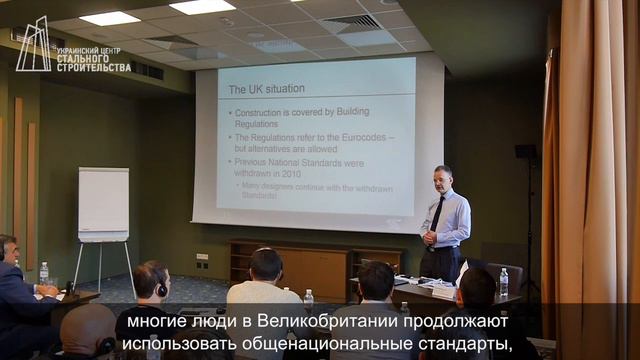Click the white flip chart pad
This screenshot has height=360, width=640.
[103, 204]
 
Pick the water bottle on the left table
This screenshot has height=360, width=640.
[44, 273]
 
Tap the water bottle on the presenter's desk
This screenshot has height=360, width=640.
[503, 281]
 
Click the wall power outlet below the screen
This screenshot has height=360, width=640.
[202, 258]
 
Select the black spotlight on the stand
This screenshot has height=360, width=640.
[525, 153]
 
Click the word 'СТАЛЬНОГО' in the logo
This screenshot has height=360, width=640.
[92, 58]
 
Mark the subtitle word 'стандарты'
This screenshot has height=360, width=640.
[461, 345]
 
